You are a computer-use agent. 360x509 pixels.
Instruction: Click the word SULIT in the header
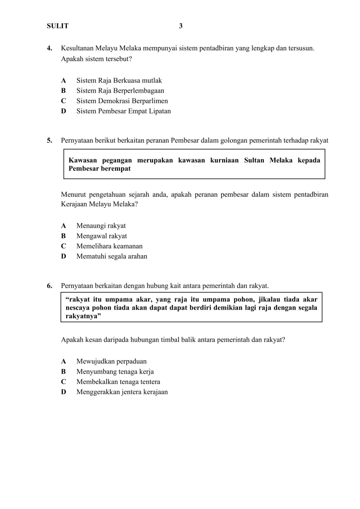click(58, 26)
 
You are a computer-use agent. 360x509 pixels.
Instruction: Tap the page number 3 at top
click(181, 26)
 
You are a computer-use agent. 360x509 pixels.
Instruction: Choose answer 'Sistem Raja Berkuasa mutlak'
click(119, 81)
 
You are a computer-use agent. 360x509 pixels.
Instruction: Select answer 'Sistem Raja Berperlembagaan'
click(120, 90)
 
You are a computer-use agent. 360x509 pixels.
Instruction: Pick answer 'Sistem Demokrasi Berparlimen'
click(122, 101)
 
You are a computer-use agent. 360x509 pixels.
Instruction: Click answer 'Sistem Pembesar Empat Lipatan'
click(123, 111)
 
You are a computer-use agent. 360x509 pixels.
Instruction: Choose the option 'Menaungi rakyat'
click(101, 226)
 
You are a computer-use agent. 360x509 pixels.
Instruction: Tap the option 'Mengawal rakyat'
click(101, 236)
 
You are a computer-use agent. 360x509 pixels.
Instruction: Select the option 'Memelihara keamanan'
click(109, 246)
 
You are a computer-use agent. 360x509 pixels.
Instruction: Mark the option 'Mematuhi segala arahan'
click(112, 257)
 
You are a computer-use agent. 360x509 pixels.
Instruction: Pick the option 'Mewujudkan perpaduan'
click(111, 361)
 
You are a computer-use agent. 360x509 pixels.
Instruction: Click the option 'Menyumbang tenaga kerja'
click(115, 372)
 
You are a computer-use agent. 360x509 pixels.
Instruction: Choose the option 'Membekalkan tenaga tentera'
click(118, 382)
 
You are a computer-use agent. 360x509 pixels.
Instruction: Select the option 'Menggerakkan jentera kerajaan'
click(122, 392)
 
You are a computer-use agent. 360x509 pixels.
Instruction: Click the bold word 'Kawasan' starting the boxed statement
click(83, 161)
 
